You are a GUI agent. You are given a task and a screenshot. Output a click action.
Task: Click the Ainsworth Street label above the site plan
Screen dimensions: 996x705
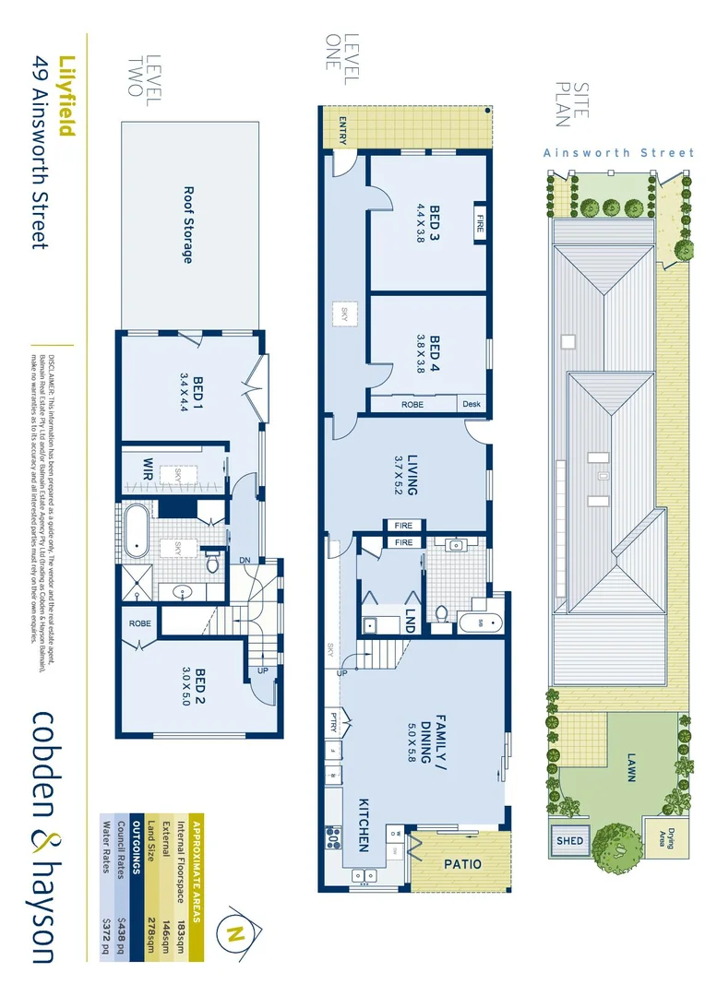point(618,153)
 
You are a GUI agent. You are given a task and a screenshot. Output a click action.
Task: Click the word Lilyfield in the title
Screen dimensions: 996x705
point(66,96)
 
